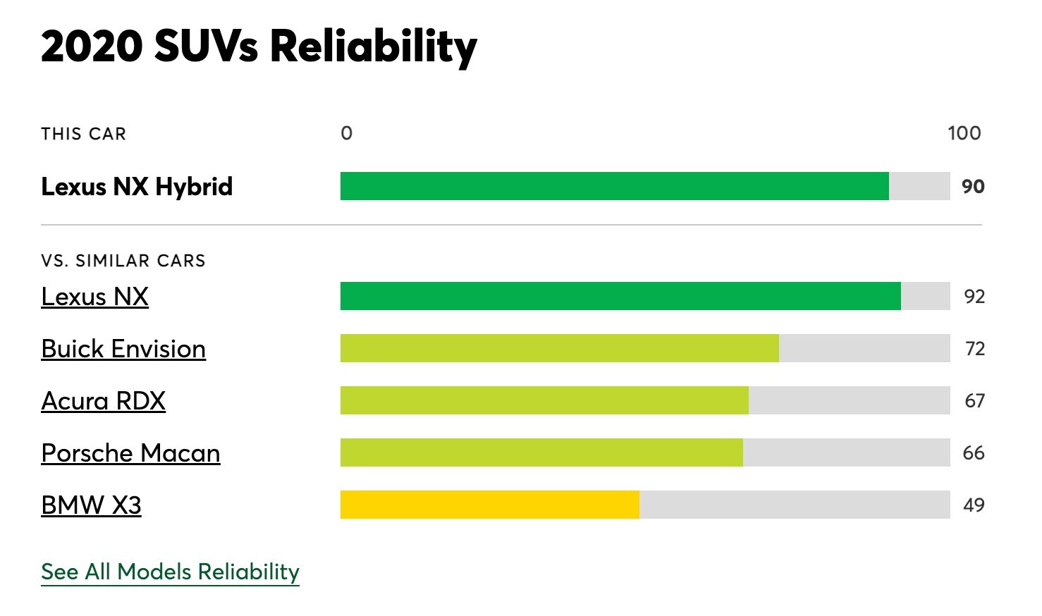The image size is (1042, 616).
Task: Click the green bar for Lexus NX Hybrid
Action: (614, 186)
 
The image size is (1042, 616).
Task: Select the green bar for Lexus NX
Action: (620, 296)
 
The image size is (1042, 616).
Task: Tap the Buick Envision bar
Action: (559, 348)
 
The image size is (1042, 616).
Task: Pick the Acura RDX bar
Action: (544, 400)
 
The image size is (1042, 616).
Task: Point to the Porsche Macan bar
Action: (541, 452)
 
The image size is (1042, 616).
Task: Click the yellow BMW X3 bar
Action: (489, 505)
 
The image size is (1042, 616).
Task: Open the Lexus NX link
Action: (94, 297)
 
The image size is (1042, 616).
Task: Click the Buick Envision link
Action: (123, 349)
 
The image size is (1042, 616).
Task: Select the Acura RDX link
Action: (103, 401)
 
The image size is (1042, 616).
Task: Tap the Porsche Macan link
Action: (130, 453)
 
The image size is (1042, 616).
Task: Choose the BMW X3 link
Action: (91, 505)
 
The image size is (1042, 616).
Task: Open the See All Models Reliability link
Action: (170, 572)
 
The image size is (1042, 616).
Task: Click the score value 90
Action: (973, 187)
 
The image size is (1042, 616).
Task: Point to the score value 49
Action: (974, 505)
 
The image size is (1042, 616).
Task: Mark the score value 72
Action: (974, 349)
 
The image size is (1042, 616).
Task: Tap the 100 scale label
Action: (964, 133)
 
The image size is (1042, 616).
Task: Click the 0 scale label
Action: (346, 133)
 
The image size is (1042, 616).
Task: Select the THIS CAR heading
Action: (83, 134)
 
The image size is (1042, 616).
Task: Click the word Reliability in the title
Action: (373, 47)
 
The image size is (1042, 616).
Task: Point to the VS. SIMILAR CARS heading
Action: (123, 261)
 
